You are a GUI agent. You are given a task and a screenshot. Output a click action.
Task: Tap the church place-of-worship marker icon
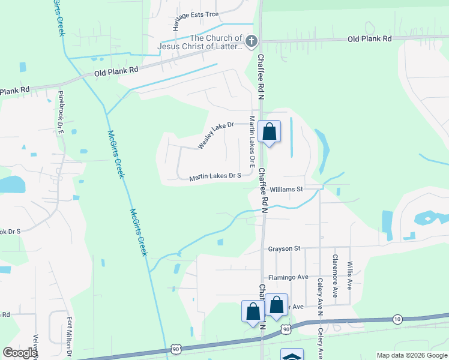[x=252, y=41]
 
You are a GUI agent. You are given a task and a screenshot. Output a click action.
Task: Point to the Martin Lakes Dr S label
[x=215, y=176]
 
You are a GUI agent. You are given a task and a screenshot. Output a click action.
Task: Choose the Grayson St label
[x=284, y=248]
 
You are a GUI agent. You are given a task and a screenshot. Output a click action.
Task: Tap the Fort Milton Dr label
[x=70, y=337]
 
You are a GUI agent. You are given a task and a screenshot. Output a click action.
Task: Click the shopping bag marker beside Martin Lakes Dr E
[x=270, y=131]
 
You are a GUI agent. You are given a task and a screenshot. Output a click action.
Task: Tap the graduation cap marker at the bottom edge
[x=292, y=356]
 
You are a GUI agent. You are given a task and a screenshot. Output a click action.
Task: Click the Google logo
[x=20, y=353]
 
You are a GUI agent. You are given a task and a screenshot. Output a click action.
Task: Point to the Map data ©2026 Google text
[x=411, y=355]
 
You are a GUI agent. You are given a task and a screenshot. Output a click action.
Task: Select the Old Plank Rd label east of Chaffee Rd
[x=370, y=38]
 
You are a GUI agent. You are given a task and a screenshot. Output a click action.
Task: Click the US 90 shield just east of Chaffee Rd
[x=286, y=329]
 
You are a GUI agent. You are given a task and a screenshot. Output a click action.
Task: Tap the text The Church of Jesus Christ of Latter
[x=200, y=41]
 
